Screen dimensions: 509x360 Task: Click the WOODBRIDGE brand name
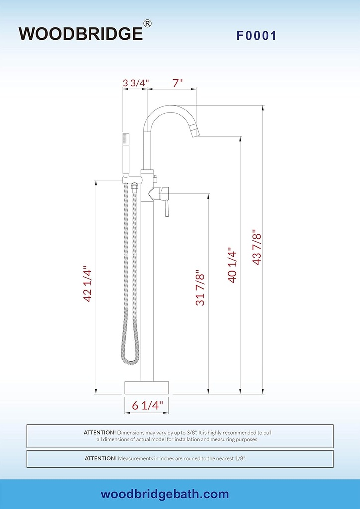coord(81,34)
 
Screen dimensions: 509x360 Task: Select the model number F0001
coord(256,36)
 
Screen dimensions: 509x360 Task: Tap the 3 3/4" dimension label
coord(136,83)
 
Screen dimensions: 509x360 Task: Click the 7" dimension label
coord(178,83)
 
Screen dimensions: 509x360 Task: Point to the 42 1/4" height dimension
coord(88,284)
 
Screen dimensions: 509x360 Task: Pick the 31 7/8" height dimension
coord(200,288)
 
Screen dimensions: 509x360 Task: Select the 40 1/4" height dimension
coord(232,265)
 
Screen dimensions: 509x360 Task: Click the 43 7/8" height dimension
coord(256,247)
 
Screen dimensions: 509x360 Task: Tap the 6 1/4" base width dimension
coord(148,405)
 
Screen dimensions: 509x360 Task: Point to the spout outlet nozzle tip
coord(196,132)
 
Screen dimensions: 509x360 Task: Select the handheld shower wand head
coord(126,142)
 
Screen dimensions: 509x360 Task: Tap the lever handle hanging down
coord(167,208)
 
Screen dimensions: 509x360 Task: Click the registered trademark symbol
coord(147,23)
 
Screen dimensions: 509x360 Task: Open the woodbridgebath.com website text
coord(165,494)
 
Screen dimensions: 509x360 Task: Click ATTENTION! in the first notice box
coord(99,433)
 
